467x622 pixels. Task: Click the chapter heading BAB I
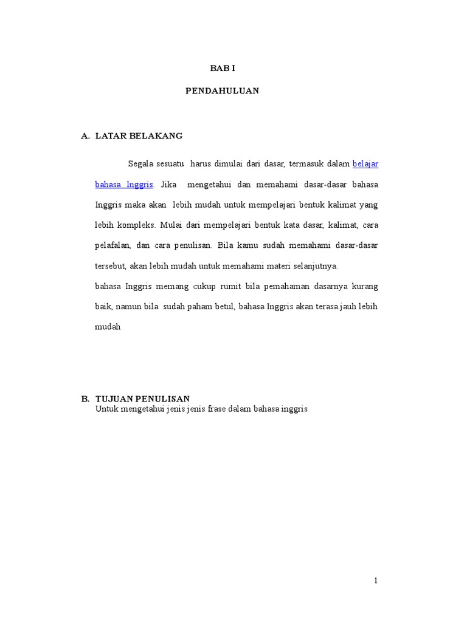pyautogui.click(x=222, y=69)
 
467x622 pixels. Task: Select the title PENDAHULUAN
pyautogui.click(x=222, y=91)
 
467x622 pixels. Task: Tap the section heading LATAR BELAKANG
pyautogui.click(x=139, y=135)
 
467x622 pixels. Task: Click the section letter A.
pyautogui.click(x=85, y=135)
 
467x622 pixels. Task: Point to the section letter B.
pyautogui.click(x=85, y=398)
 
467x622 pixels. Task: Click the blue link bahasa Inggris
pyautogui.click(x=124, y=184)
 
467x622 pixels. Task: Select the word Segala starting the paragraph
pyautogui.click(x=140, y=163)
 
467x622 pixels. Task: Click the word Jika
pyautogui.click(x=168, y=184)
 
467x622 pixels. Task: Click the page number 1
pyautogui.click(x=376, y=581)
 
